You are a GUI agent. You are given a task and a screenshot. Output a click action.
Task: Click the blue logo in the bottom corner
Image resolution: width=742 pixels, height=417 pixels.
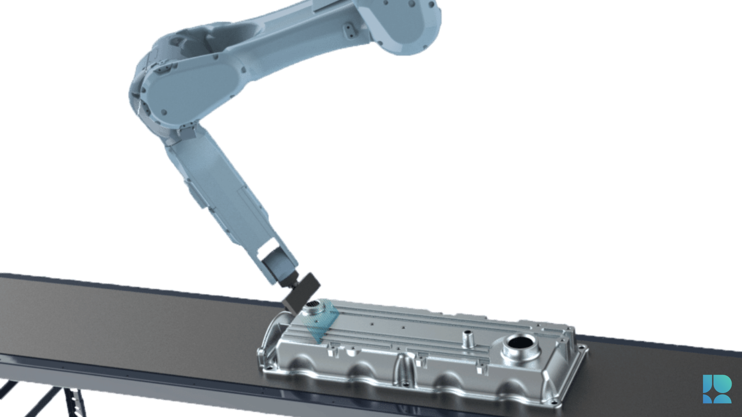[x=717, y=389]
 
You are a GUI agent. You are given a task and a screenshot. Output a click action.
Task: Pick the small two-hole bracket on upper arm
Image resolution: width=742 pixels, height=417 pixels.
[x=349, y=30]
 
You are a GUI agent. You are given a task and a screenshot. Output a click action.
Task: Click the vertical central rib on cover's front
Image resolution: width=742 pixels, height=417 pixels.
[x=402, y=369]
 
